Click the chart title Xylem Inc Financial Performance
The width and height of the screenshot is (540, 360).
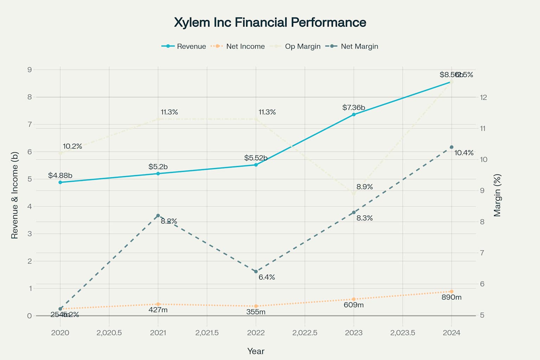coord(270,22)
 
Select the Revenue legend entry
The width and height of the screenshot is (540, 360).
coord(184,46)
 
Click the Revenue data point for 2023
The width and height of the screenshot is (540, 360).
coord(354,115)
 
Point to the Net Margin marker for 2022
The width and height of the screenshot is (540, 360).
coord(256,271)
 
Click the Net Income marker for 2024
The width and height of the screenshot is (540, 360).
coord(451,291)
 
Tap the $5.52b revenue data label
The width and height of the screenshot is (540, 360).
coord(256,158)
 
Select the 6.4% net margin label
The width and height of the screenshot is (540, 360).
coord(267,277)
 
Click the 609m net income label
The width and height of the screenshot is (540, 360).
coord(354,305)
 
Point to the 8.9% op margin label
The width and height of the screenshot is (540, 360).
coord(365,187)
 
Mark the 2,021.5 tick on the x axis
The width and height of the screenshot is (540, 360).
coord(207,333)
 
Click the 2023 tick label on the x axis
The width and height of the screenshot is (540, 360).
coord(354,333)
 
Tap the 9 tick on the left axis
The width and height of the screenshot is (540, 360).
coord(30,70)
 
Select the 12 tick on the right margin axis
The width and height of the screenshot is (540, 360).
coord(483,97)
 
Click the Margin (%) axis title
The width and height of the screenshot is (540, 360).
coord(497,195)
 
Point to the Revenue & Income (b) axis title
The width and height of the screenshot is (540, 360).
coord(14,195)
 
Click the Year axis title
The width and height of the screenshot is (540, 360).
coord(256,351)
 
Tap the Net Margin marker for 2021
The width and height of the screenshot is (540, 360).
coord(158,216)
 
